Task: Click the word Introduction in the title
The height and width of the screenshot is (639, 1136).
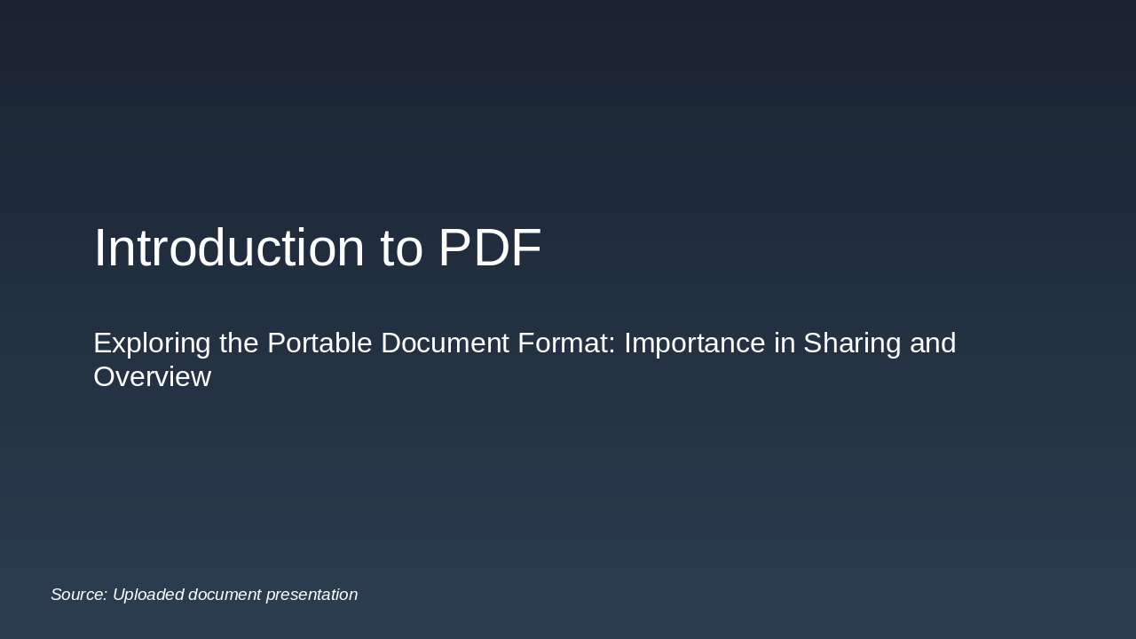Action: (x=229, y=248)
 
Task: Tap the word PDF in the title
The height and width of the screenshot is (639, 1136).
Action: (x=489, y=248)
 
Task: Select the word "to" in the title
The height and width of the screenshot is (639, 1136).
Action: (x=401, y=248)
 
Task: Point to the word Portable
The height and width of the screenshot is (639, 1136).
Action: (x=320, y=343)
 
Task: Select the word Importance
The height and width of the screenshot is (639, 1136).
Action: (x=694, y=343)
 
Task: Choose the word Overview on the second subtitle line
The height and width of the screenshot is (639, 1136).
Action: (x=152, y=377)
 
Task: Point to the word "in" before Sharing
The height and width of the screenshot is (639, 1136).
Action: (x=785, y=343)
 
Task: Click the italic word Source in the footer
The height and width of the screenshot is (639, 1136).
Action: (x=79, y=595)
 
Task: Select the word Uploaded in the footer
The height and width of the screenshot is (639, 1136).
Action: (x=148, y=595)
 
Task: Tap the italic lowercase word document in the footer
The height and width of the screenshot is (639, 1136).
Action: (x=225, y=595)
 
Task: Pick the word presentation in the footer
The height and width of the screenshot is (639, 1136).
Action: (x=312, y=595)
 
